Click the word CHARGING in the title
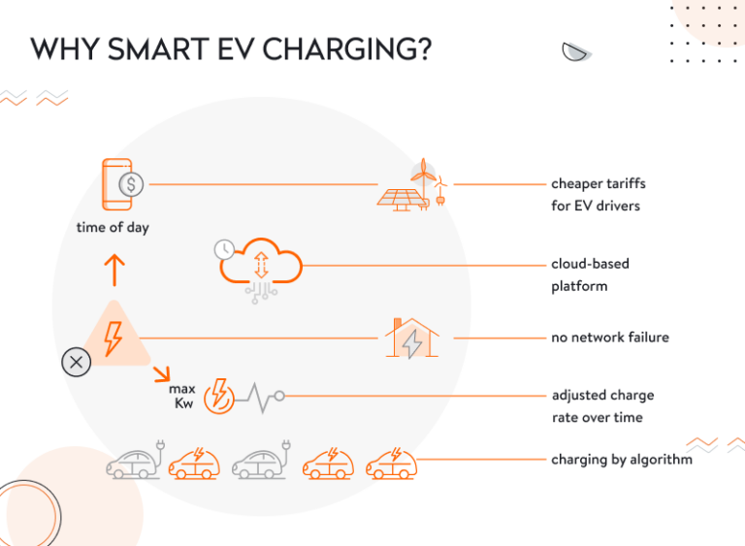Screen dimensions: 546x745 pos(347,50)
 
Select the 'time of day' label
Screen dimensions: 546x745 pos(113,228)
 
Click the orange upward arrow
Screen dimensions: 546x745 pos(114,269)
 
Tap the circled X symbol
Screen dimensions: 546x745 pos(76,364)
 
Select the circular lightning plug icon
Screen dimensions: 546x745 pos(220,396)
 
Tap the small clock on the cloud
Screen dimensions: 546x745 pos(224,249)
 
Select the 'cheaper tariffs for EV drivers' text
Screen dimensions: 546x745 pos(599,194)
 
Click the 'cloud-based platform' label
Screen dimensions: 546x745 pos(591,274)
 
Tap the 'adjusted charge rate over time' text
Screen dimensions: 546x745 pos(602,406)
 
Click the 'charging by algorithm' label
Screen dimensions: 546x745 pos(622,459)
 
